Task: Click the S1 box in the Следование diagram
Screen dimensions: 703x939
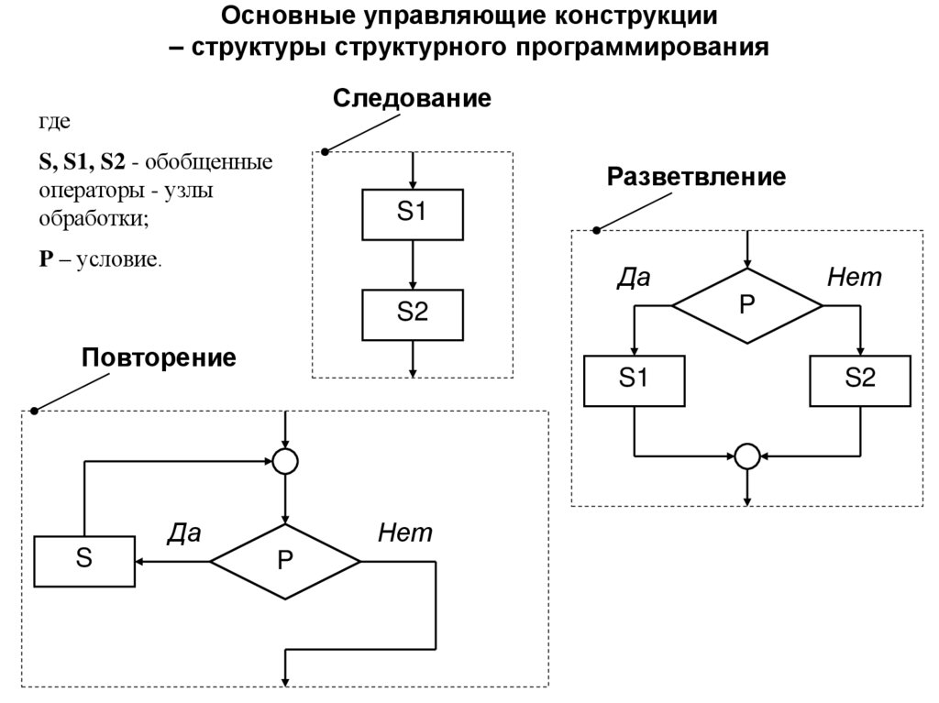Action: [x=413, y=214]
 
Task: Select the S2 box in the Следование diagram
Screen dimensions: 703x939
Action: [x=413, y=313]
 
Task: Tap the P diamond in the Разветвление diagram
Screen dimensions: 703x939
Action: [x=747, y=306]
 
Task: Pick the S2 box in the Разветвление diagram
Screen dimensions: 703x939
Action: [x=860, y=380]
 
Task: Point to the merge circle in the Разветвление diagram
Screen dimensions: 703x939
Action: [x=747, y=455]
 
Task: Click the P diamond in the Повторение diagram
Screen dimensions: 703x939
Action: [x=286, y=561]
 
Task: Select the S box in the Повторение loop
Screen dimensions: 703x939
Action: [x=83, y=561]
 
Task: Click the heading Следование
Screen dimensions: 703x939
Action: [x=412, y=98]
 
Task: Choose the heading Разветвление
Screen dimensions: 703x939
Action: [x=696, y=176]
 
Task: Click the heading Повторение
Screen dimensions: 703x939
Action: [x=159, y=357]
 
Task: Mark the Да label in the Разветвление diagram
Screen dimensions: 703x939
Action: [x=633, y=278]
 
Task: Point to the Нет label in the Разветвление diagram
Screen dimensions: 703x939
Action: [x=854, y=278]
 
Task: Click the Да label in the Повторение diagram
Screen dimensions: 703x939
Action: [x=183, y=533]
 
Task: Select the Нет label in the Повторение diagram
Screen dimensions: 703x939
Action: [x=404, y=533]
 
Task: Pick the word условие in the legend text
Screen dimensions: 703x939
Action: [x=118, y=259]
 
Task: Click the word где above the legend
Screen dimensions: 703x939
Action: [x=53, y=122]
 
